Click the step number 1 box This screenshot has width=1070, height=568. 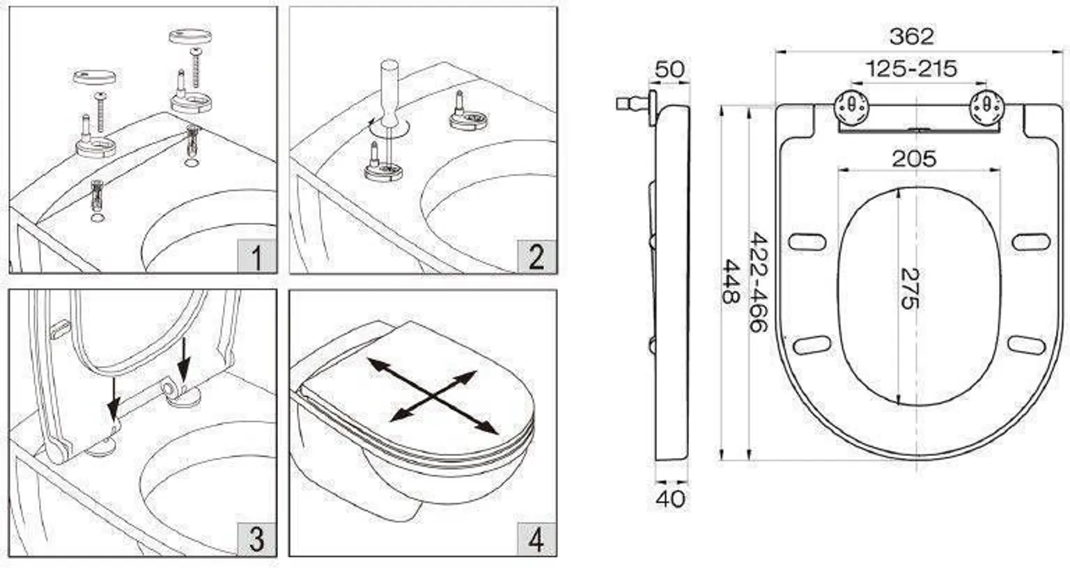point(257,257)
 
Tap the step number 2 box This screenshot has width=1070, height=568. point(537,257)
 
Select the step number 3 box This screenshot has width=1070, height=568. point(257,539)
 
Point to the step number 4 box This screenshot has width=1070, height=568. point(537,539)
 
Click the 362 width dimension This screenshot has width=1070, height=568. point(911,37)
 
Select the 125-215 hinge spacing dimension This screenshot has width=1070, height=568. point(911,69)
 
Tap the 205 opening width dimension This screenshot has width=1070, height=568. point(914,159)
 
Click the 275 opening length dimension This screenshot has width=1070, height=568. point(910,289)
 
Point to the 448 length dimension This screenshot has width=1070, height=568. point(730,282)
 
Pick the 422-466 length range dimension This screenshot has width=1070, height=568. point(758,282)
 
